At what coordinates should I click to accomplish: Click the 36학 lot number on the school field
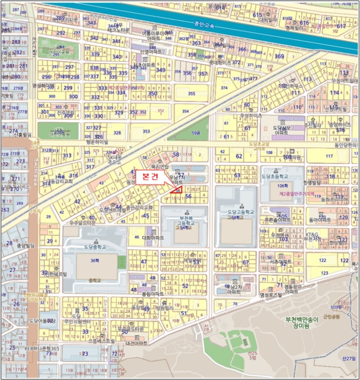(x=96, y=261)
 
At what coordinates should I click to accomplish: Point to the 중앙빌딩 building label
(x=24, y=246)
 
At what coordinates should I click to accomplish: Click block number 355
(x=191, y=93)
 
